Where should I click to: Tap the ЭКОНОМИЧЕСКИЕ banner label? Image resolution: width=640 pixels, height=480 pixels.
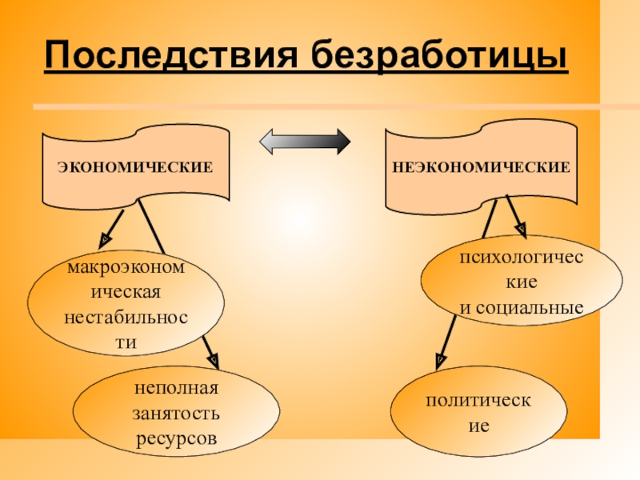pyautogui.click(x=134, y=167)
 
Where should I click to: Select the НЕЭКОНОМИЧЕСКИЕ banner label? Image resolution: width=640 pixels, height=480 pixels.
pyautogui.click(x=480, y=167)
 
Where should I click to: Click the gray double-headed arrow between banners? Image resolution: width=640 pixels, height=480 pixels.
pyautogui.click(x=305, y=142)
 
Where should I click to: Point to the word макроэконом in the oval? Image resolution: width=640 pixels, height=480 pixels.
pyautogui.click(x=126, y=268)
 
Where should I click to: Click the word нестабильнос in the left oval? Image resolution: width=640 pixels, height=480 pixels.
pyautogui.click(x=126, y=318)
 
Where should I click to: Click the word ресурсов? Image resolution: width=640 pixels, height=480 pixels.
pyautogui.click(x=176, y=439)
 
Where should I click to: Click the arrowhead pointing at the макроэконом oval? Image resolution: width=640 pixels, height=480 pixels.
pyautogui.click(x=104, y=238)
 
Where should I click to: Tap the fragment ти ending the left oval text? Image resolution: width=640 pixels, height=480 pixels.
pyautogui.click(x=126, y=342)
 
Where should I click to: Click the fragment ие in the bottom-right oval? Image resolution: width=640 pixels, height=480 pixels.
pyautogui.click(x=478, y=425)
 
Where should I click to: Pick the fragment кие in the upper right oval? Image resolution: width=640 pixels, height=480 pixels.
pyautogui.click(x=521, y=283)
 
